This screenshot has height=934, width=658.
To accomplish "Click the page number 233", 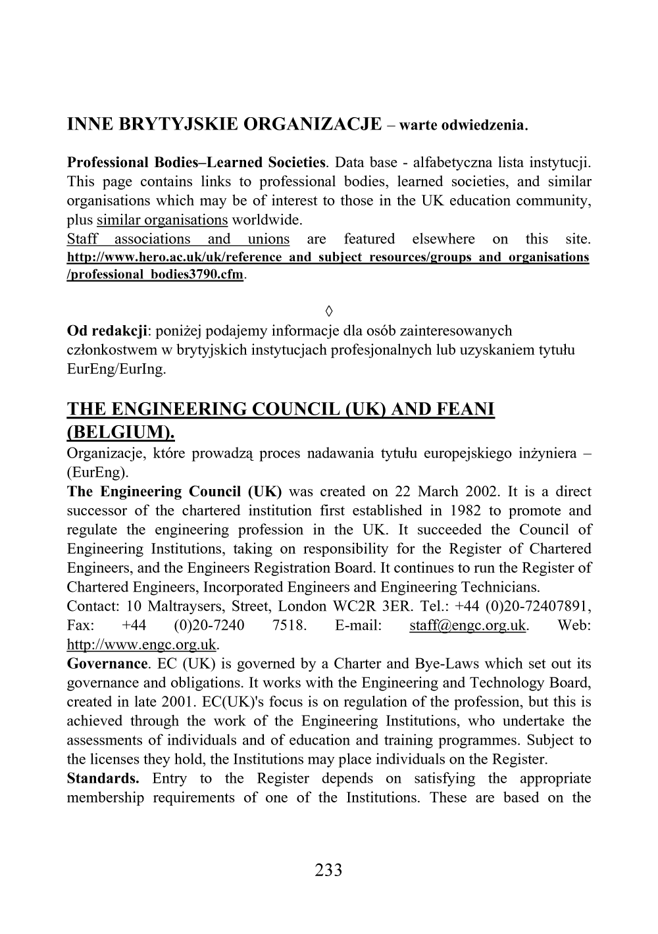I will (328, 870).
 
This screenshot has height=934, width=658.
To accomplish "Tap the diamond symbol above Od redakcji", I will (328, 310).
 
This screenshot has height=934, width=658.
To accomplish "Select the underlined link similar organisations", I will (162, 220).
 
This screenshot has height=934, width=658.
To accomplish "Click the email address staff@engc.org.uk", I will (467, 625).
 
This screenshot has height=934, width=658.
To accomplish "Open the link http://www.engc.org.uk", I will (141, 644).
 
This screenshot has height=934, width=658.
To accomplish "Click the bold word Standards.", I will (103, 778).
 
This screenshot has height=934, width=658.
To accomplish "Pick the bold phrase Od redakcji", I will (108, 330).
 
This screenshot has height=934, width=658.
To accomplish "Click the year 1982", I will (447, 511).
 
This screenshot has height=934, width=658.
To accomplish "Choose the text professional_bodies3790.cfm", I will (155, 274).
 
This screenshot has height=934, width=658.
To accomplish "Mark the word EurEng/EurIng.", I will (116, 369).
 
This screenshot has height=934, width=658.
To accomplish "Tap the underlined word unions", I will (268, 239).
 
